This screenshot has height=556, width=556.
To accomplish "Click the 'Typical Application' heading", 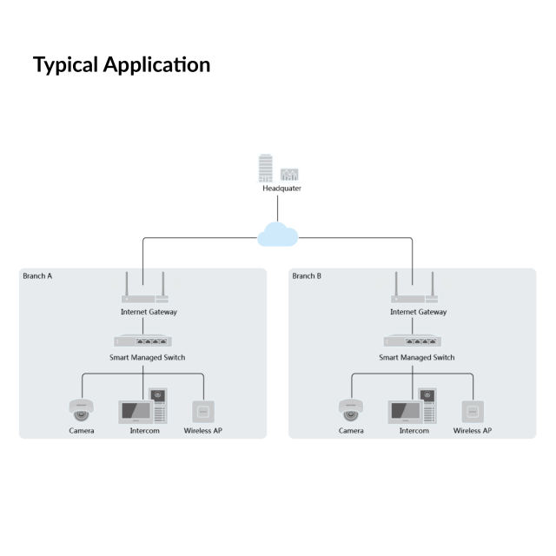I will coord(122,64).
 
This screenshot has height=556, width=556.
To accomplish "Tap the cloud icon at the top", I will coord(278,234).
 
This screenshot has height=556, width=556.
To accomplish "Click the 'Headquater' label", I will coord(281,188).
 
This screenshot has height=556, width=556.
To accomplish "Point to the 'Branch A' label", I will coord(37,276).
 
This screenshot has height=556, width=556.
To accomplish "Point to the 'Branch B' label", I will coord(307,276).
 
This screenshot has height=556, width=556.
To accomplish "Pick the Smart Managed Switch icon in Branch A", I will coord(143,341).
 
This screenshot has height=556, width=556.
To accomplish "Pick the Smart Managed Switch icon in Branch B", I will coord(414,341).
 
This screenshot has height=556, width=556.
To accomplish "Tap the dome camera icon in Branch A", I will coord(82,410).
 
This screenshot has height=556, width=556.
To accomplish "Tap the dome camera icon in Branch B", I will coord(351,410).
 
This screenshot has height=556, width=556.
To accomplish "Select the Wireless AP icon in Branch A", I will coord(203,411).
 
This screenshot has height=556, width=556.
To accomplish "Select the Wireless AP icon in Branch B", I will coord(473,411).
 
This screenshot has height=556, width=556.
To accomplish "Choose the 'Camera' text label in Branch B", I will coord(351,431).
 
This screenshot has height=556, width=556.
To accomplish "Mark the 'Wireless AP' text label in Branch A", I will coord(203,431).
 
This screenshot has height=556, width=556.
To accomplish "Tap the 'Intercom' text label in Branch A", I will coord(144,431).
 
